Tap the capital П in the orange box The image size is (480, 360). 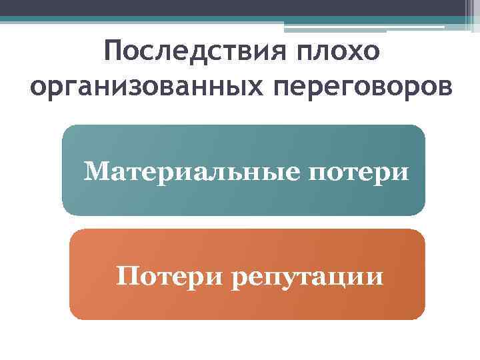[x=125, y=274]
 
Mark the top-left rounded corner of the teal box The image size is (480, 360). [x=67, y=129]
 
